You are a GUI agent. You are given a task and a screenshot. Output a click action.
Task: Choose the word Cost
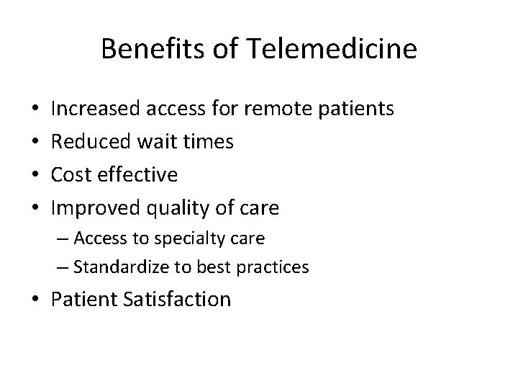(x=73, y=175)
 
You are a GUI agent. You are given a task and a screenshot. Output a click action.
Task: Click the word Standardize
(x=120, y=267)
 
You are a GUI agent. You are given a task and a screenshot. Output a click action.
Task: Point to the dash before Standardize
(x=63, y=268)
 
